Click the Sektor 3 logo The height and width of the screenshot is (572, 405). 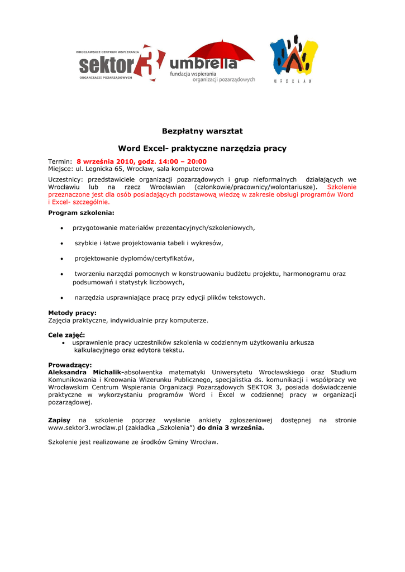(121, 64)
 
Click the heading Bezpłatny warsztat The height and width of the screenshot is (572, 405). (202, 131)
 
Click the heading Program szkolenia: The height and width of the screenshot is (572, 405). (81, 213)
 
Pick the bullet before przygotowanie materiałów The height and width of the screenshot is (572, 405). (61, 228)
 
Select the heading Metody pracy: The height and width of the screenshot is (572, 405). (72, 313)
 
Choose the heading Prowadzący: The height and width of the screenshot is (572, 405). (70, 365)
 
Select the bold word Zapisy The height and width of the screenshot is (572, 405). (59, 420)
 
